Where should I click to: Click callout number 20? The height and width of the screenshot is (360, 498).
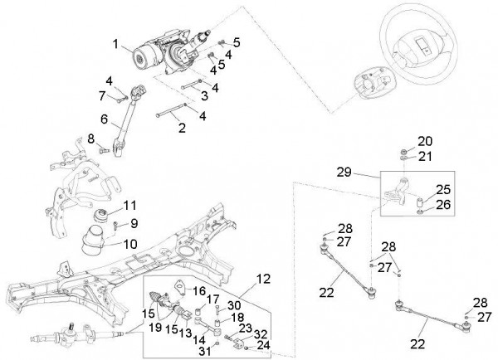[425, 140]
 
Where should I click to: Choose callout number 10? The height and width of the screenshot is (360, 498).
[130, 244]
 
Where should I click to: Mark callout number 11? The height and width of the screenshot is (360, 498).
[129, 205]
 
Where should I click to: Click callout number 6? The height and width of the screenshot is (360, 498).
[105, 119]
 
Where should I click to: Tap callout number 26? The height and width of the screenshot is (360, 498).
[442, 204]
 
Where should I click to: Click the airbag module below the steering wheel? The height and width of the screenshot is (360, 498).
[371, 85]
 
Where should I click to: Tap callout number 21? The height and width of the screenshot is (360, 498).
[425, 155]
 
